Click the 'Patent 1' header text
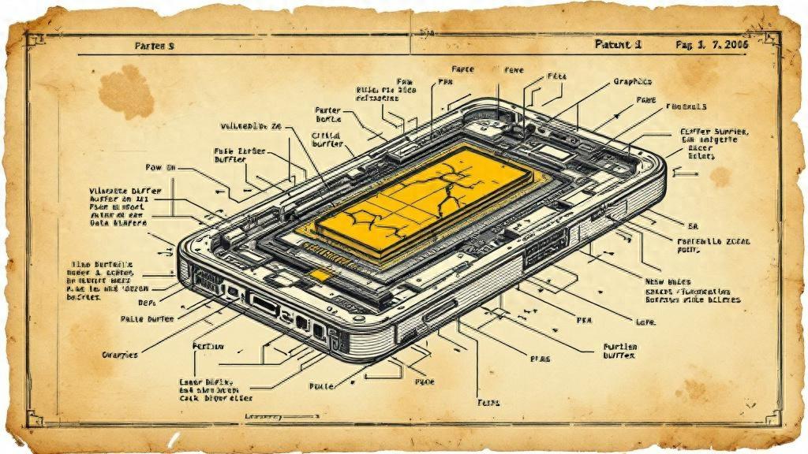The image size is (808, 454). pos(618,45)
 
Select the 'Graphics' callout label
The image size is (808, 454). pos(633,81)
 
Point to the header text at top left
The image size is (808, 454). pos(155,47)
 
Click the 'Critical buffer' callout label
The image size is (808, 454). pos(326,140)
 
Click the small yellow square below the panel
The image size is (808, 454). pos(322,274)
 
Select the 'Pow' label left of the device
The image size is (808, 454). pos(159,168)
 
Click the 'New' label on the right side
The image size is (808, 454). pos(657,281)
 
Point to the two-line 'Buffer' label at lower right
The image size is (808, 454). pos(619,352)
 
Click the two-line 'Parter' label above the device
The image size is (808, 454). pos(327,114)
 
